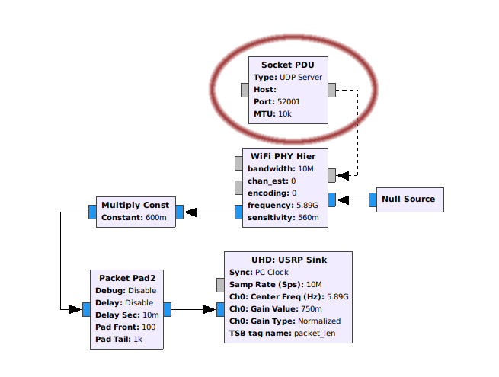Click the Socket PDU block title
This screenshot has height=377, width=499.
click(x=288, y=65)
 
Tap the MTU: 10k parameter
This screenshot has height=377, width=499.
click(x=273, y=114)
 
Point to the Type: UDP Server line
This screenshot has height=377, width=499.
click(x=288, y=78)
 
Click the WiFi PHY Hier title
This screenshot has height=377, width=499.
click(x=284, y=156)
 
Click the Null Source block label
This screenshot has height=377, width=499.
click(x=408, y=200)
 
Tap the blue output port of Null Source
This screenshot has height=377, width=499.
click(x=373, y=200)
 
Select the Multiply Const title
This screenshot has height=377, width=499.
click(x=136, y=205)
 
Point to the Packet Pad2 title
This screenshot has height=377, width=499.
click(x=126, y=278)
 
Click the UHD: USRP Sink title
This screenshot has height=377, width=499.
click(x=289, y=260)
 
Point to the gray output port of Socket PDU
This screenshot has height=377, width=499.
click(x=331, y=90)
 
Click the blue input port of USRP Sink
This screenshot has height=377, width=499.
click(x=220, y=309)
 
